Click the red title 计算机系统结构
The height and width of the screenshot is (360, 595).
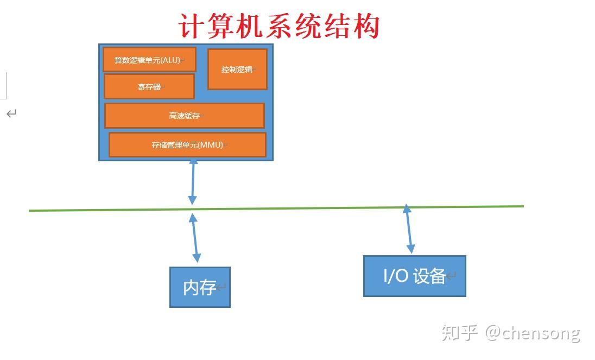(279, 26)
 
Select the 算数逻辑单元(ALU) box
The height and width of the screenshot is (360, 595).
(149, 60)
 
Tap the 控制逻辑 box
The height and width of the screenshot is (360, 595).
(238, 70)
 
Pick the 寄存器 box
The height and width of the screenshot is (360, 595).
(149, 86)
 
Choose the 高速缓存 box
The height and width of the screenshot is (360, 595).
(185, 115)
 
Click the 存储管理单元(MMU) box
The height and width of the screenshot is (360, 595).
(187, 144)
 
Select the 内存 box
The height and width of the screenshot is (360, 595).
(200, 287)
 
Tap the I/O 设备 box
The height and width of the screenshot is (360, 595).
(415, 276)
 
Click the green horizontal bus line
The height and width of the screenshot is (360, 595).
(276, 209)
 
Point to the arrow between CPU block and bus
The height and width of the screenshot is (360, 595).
(193, 181)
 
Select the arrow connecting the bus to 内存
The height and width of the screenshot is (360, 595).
(195, 238)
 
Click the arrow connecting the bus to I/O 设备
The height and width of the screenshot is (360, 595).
(409, 229)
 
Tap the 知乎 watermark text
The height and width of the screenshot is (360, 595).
(459, 333)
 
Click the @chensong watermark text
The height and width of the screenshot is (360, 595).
(533, 333)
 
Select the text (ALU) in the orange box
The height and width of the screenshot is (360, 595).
(171, 60)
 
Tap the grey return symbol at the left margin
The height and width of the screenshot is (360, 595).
(11, 113)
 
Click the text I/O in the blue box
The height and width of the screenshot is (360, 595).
(396, 276)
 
